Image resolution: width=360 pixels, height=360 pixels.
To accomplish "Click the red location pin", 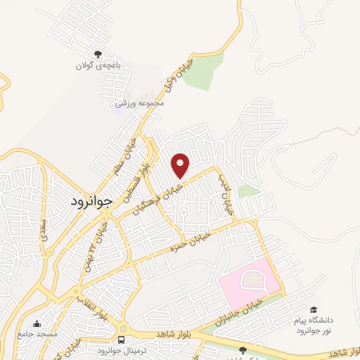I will coord(181,165).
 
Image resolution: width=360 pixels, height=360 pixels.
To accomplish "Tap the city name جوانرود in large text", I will coord(91,202).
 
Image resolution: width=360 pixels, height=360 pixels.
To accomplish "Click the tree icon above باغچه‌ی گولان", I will coord(98,53).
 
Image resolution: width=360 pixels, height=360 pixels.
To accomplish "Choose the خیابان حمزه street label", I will coord(187,243).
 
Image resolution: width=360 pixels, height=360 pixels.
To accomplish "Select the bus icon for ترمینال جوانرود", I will coord(122,340).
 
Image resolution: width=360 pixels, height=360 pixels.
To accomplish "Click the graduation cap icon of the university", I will coord(312,309).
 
